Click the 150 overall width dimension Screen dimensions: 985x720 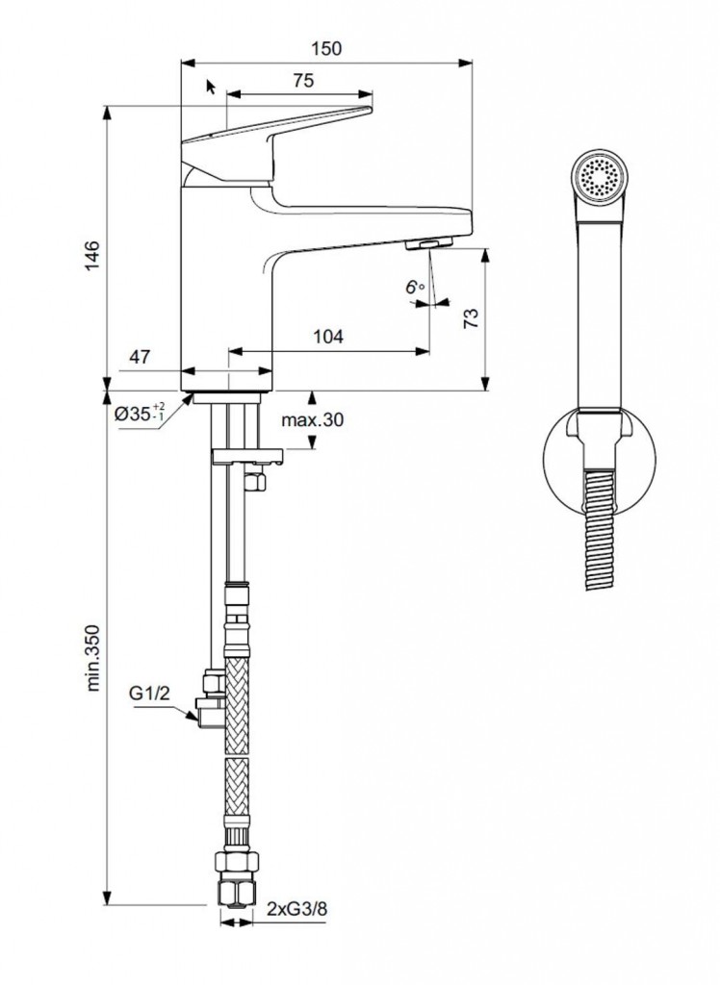tap(328, 49)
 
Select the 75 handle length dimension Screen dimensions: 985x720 tap(302, 82)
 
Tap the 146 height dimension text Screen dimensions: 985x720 tap(90, 259)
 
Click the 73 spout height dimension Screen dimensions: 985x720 tap(471, 319)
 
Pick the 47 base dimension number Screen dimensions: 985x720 tap(141, 357)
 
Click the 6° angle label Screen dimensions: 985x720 tap(414, 287)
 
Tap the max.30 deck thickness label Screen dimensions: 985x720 tap(312, 419)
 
